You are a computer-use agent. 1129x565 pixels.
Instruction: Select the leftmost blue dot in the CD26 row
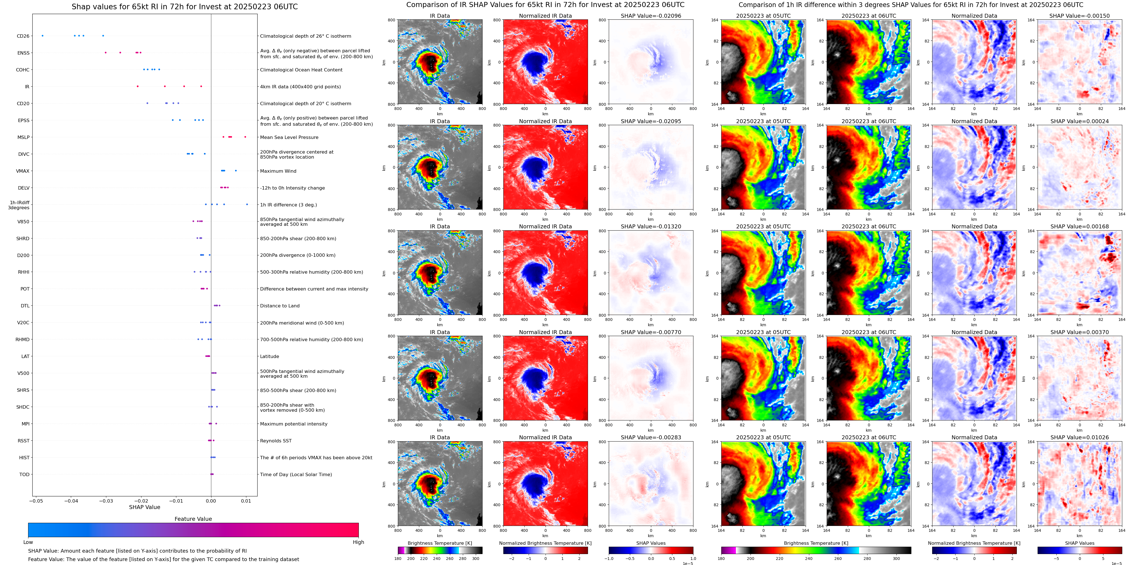tap(42, 35)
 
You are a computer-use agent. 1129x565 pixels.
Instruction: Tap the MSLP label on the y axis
tap(23, 137)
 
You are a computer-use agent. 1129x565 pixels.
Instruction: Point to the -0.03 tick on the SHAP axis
tap(107, 501)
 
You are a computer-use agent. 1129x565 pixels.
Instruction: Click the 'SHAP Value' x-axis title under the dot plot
tap(144, 507)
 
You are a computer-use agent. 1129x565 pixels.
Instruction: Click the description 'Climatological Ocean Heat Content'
tap(301, 70)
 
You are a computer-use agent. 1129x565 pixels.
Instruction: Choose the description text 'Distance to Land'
tap(280, 306)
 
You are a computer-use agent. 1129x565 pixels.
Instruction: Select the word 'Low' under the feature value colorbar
tap(28, 542)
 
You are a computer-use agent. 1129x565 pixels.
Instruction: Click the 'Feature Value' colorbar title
tap(193, 519)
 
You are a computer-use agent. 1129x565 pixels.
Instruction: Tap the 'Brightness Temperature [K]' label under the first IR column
tap(440, 543)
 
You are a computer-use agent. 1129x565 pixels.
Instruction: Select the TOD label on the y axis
tap(24, 474)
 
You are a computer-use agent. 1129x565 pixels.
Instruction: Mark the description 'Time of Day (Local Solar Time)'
tap(296, 474)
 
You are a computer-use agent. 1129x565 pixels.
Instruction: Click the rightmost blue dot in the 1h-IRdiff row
tap(247, 204)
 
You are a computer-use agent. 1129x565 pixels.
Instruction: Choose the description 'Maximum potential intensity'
tap(294, 424)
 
